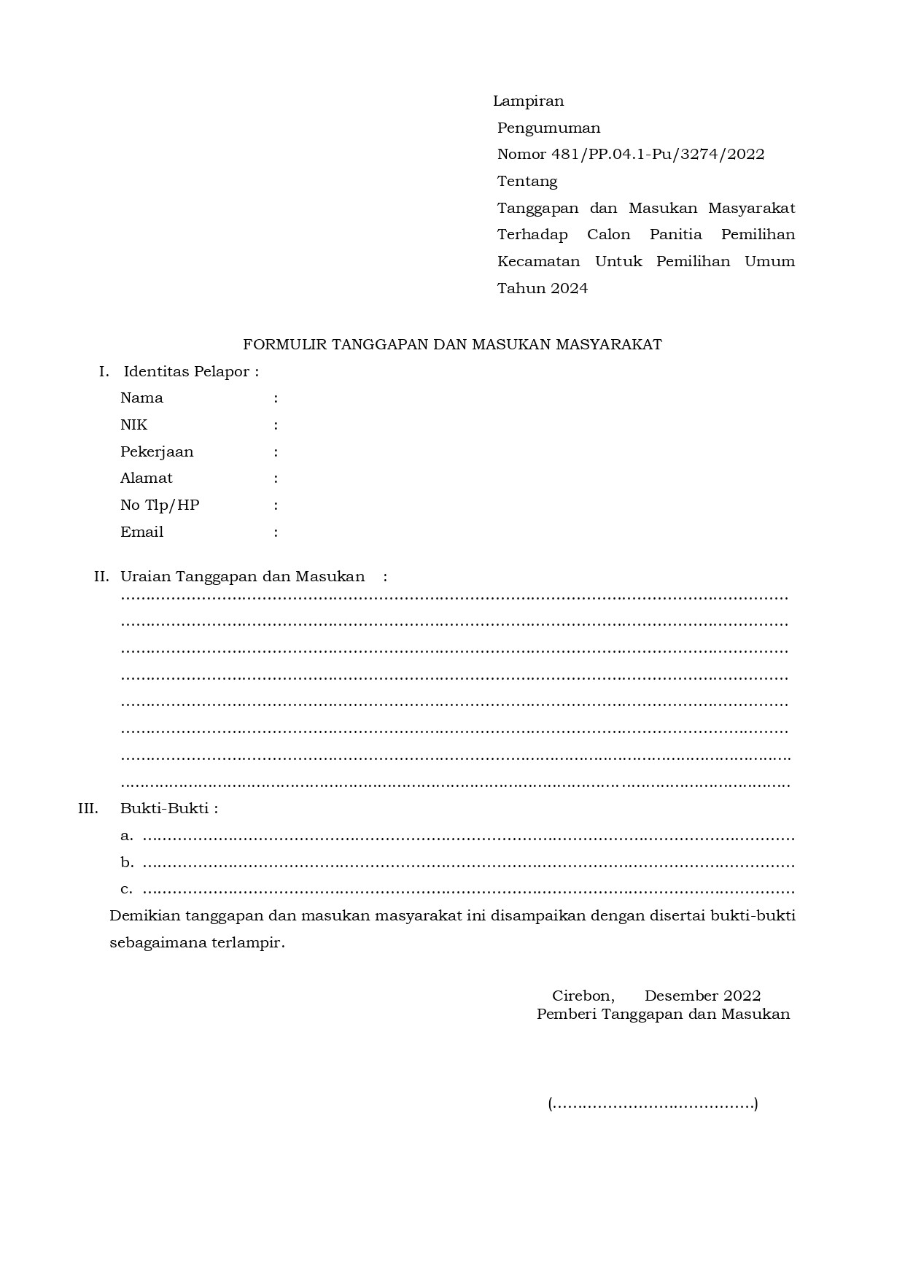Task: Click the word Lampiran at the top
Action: (528, 101)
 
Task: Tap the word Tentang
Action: (527, 182)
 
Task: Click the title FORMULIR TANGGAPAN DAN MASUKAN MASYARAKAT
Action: (452, 345)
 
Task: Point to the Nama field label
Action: (141, 398)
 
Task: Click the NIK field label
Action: (133, 425)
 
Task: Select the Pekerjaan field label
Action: (157, 452)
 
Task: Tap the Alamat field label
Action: (147, 478)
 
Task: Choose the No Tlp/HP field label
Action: (160, 505)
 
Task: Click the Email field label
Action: (141, 532)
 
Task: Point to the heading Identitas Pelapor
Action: (190, 372)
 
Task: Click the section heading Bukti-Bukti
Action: (168, 809)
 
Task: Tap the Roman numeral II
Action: (101, 577)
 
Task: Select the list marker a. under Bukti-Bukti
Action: (127, 837)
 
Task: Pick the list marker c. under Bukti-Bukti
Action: (127, 890)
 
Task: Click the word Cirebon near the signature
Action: (583, 996)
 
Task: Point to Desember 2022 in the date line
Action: (702, 996)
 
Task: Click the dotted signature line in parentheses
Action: (653, 1104)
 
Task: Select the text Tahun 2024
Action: (543, 289)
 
